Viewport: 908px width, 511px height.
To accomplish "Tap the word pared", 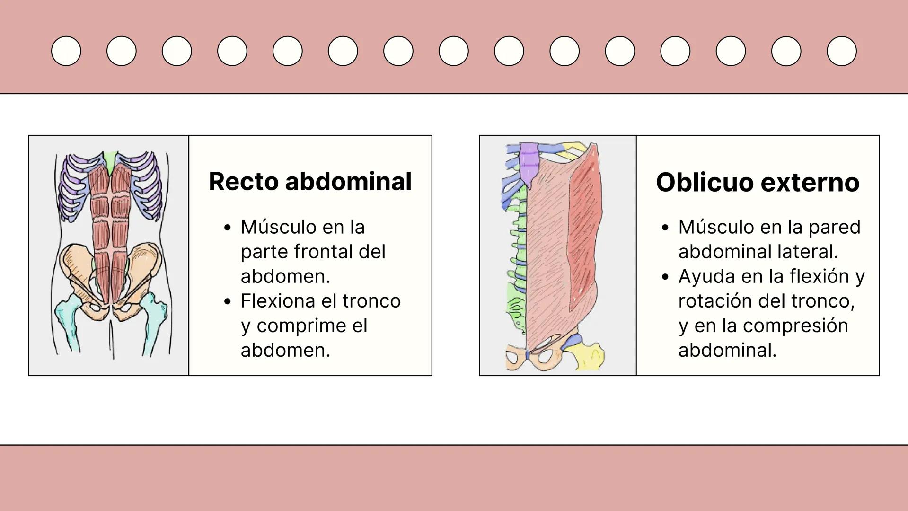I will point(834,227).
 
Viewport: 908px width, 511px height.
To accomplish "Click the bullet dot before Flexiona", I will point(228,301).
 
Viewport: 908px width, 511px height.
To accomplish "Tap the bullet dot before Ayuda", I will point(665,277).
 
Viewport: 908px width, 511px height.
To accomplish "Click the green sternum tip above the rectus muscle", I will point(111,160).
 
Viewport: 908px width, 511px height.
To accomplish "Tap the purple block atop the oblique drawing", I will point(529,163).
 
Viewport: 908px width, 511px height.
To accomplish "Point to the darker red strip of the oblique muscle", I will point(586,222).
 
